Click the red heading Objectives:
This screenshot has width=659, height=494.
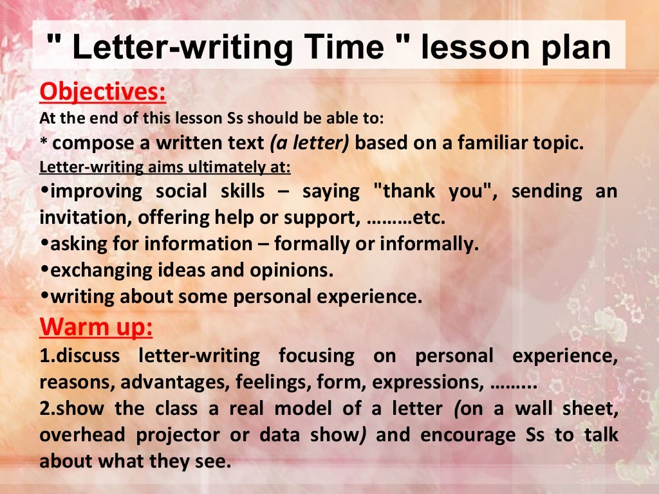(x=102, y=91)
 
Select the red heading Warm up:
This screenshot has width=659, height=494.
(x=96, y=327)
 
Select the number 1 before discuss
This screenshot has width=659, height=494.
(x=44, y=355)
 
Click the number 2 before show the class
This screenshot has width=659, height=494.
(x=44, y=408)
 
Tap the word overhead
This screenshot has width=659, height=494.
(x=81, y=435)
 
